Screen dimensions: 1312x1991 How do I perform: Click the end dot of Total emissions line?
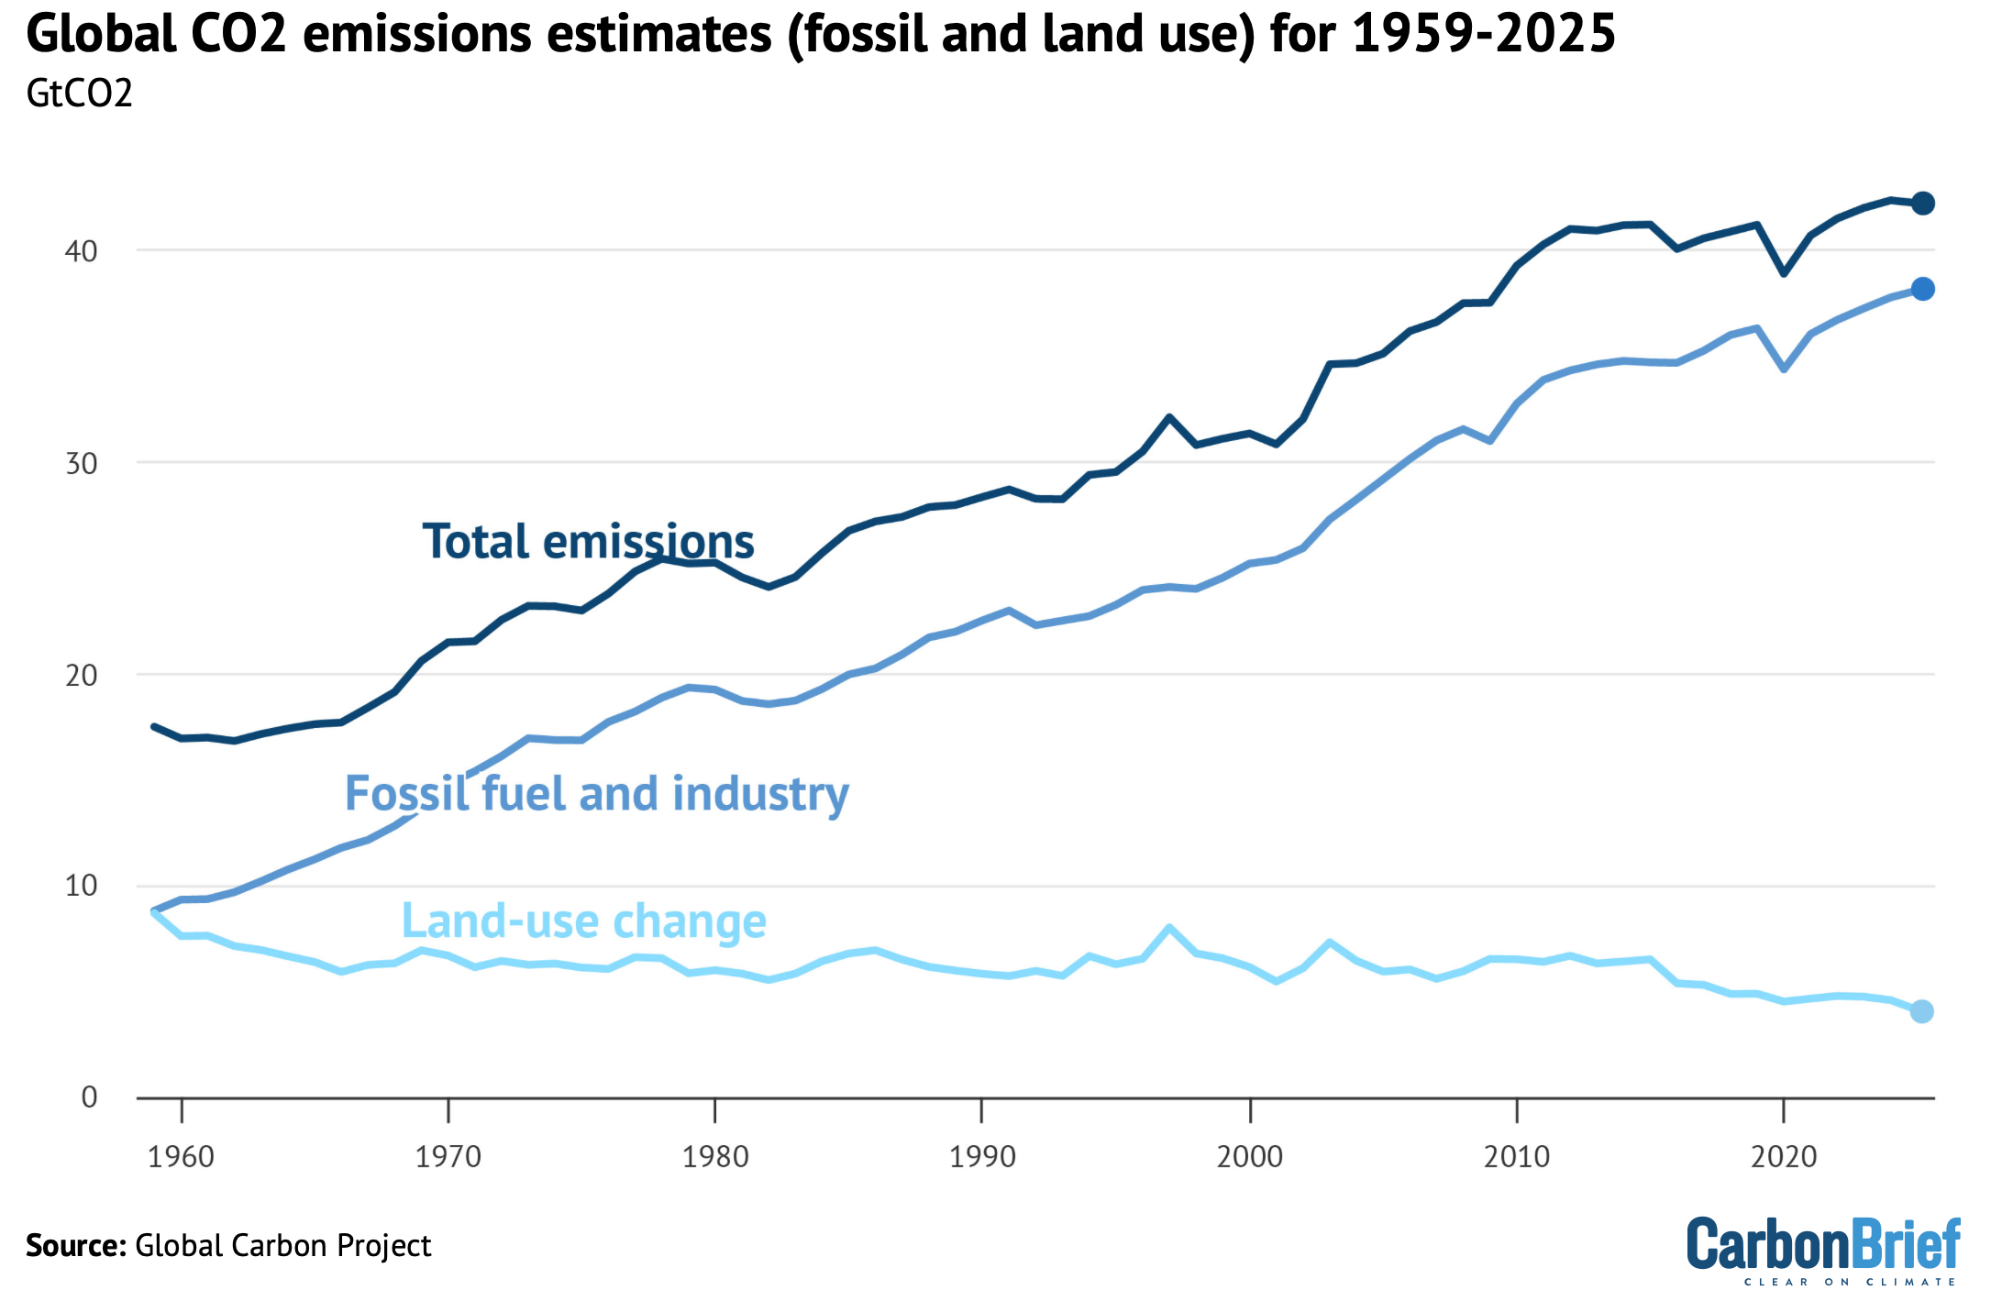(x=1922, y=204)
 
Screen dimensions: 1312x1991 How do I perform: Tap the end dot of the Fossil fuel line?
(x=1922, y=289)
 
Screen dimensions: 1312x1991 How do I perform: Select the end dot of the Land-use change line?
(x=1922, y=1011)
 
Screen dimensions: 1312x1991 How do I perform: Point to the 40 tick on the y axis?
(x=81, y=251)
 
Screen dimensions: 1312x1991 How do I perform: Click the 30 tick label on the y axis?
(x=81, y=463)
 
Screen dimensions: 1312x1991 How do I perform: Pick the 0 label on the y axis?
(x=89, y=1097)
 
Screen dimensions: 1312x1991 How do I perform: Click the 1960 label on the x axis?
(x=181, y=1157)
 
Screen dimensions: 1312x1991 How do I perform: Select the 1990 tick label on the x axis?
(x=982, y=1157)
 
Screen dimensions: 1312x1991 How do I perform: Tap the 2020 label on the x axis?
(x=1783, y=1157)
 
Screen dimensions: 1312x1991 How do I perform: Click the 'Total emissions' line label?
(x=588, y=541)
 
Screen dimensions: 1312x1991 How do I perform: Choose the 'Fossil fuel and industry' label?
(x=596, y=793)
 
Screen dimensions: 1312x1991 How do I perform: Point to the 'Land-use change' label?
(x=583, y=921)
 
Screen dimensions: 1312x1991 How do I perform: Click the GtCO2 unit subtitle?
(x=79, y=94)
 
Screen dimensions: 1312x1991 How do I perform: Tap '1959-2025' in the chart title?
(x=1483, y=35)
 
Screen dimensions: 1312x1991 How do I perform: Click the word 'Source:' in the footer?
(x=75, y=1246)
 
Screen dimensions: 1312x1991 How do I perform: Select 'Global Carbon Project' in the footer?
(x=282, y=1246)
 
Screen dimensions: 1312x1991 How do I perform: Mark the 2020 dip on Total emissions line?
(x=1783, y=273)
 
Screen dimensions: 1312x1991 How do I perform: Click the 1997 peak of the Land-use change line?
(x=1169, y=928)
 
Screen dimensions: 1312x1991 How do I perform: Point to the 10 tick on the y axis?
(x=81, y=886)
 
